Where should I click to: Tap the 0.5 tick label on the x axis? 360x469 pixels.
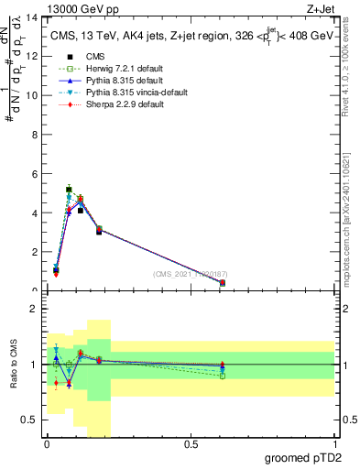tap(191, 444)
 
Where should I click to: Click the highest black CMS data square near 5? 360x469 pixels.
tap(69, 190)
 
